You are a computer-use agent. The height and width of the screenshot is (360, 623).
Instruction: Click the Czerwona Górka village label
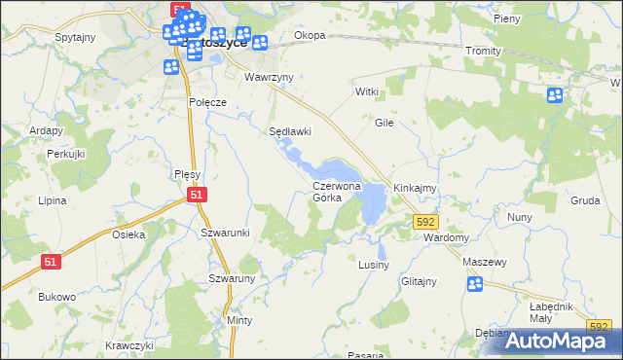337,191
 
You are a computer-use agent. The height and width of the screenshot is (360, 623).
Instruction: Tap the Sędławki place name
289,131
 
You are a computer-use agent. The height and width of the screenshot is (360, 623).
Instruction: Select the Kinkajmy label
414,187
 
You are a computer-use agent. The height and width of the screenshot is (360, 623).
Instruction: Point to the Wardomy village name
449,237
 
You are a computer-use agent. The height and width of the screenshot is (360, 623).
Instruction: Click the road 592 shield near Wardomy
425,222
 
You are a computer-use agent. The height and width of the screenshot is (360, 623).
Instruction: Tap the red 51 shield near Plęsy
197,196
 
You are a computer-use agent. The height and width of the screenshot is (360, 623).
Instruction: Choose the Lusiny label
374,265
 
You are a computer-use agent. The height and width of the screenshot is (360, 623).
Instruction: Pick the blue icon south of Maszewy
475,284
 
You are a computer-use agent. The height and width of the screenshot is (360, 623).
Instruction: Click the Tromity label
482,51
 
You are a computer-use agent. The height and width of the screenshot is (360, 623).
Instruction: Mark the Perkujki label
67,155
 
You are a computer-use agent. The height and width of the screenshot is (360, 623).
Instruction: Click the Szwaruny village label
232,278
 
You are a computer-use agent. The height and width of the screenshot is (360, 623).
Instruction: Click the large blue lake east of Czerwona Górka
371,201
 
